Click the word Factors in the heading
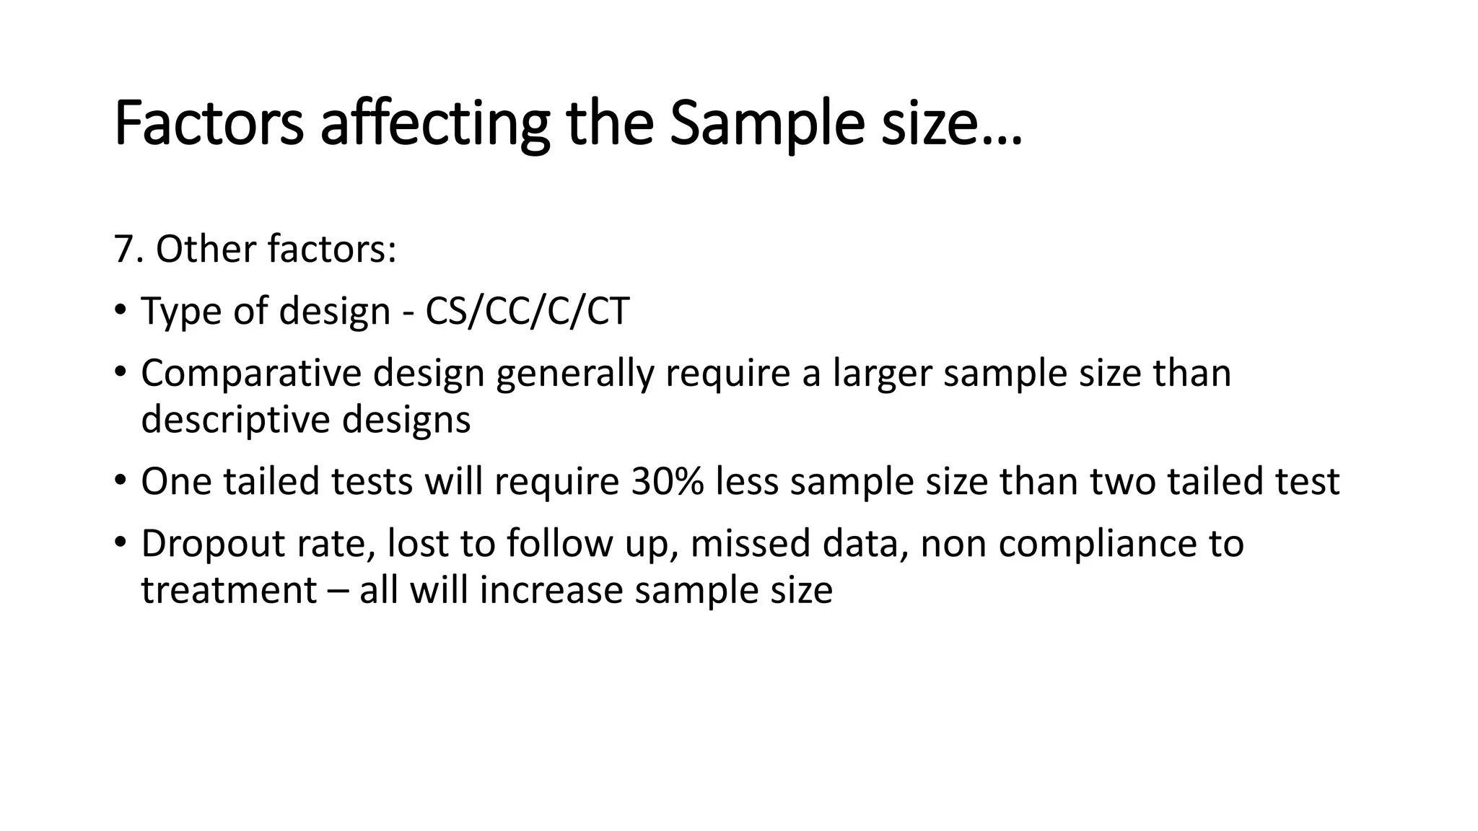(209, 124)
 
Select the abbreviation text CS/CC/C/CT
(527, 312)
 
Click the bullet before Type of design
(120, 310)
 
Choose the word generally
(574, 374)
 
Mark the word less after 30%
(747, 482)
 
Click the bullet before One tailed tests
(120, 480)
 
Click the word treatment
(229, 590)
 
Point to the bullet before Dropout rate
(120, 542)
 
